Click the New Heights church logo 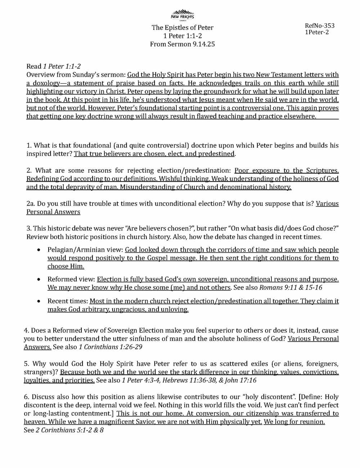(x=182, y=15)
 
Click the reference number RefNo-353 (x=319, y=26)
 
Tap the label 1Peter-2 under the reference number (x=316, y=32)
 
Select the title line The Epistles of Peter (x=182, y=28)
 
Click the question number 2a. (x=30, y=204)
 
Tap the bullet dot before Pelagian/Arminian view (x=39, y=250)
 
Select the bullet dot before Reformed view (x=39, y=279)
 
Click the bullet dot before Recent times (x=39, y=301)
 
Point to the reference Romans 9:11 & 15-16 (x=291, y=288)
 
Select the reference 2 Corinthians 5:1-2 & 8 (x=69, y=430)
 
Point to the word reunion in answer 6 (x=312, y=422)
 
